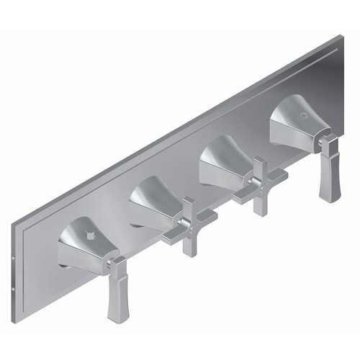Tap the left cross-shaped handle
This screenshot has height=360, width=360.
[189, 228]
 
